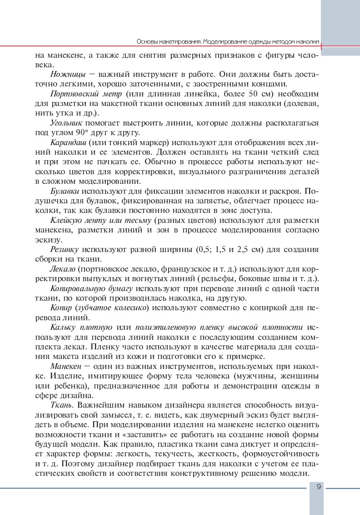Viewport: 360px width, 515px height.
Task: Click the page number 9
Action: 319,487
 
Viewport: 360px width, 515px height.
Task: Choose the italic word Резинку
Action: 65,250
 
